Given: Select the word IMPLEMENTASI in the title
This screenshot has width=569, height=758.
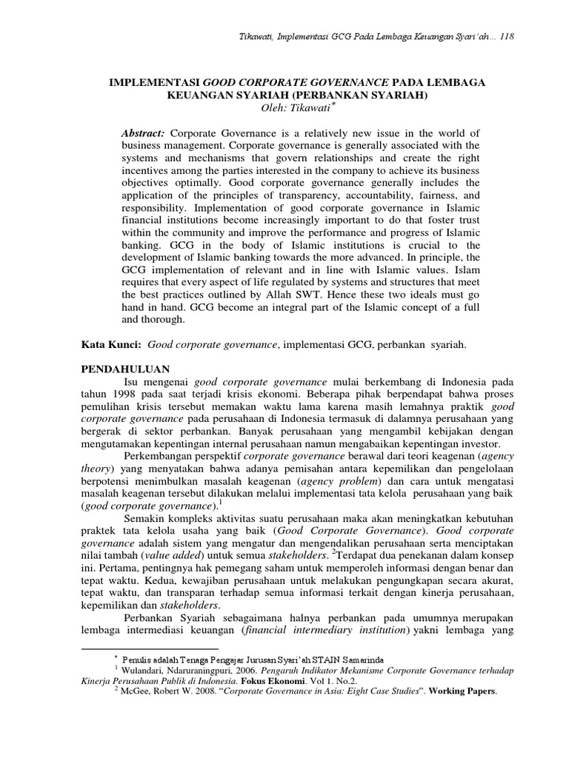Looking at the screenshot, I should click(x=153, y=83).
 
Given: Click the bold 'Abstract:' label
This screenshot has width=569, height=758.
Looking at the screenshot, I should click(x=144, y=132).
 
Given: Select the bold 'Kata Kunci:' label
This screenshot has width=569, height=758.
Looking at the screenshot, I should click(x=111, y=343).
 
